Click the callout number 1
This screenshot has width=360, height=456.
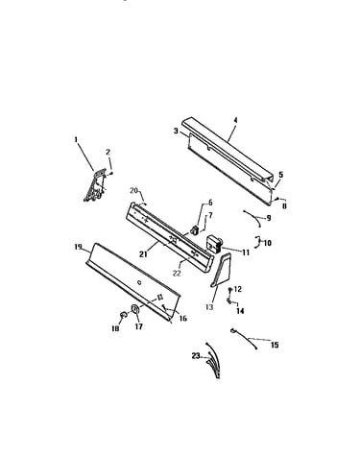click(76, 139)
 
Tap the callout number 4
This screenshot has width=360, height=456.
click(235, 120)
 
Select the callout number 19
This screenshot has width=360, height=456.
click(78, 247)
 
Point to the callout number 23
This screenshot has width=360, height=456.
click(196, 355)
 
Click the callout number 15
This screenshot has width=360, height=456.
click(275, 345)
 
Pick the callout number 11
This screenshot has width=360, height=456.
click(246, 252)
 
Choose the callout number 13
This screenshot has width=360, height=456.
click(209, 307)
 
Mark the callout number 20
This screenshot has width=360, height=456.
click(133, 191)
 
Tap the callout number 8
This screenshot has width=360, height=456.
click(284, 206)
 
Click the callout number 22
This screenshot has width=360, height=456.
click(177, 274)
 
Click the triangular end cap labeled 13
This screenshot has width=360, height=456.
click(221, 269)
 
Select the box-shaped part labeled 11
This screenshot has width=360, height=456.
click(214, 244)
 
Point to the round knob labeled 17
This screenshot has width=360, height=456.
click(135, 309)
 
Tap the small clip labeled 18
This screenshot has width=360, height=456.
click(123, 315)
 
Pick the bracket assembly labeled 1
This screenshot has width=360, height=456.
click(95, 185)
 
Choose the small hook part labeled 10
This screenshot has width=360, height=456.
click(256, 242)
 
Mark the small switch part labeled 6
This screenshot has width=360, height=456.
click(195, 229)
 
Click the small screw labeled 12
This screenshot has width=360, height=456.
click(229, 289)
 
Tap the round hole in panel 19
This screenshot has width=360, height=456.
click(139, 282)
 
